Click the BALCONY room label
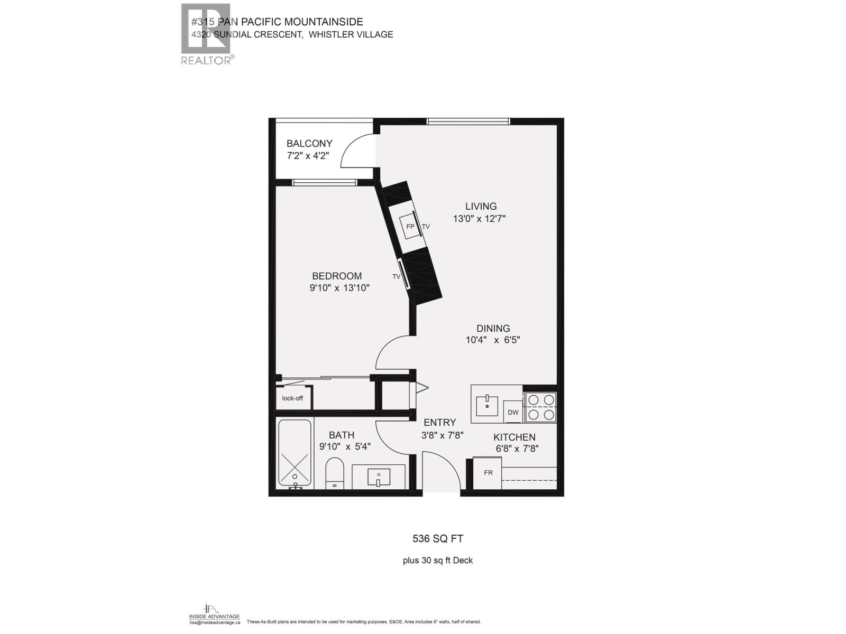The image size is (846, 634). coord(309,143)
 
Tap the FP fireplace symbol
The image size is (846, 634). coord(409,226)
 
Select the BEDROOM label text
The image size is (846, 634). coord(337,276)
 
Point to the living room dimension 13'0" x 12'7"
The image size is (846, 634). coord(480,219)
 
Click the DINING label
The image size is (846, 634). coord(493,328)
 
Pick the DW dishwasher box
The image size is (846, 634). coord(513,412)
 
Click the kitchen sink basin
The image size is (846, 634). coord(487,406)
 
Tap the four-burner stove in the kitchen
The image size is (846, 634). coord(541,407)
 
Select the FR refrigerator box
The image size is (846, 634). coord(488,472)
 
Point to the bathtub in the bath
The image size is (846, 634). coord(295,454)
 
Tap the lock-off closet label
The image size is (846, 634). coord(292,398)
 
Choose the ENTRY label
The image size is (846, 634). coord(439,422)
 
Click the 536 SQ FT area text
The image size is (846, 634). coord(438,539)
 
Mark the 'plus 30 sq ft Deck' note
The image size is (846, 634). coord(438,560)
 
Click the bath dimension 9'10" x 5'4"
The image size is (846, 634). coord(345,446)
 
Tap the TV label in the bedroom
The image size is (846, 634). coord(396,276)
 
